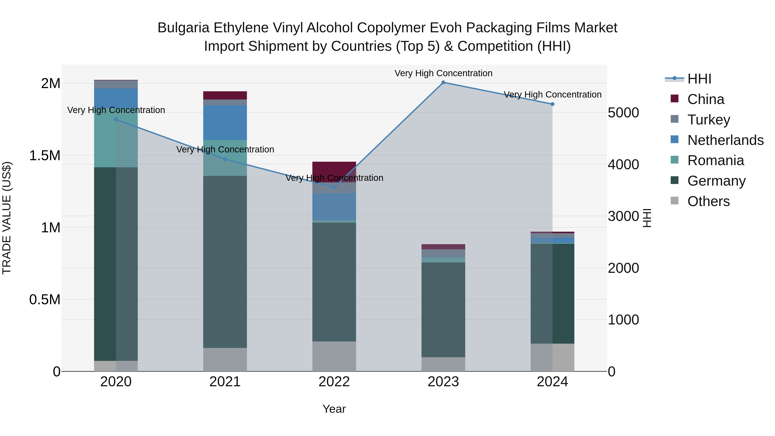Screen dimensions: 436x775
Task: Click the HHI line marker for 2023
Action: pyautogui.click(x=443, y=82)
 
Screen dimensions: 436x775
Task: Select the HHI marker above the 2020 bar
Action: pyautogui.click(x=116, y=119)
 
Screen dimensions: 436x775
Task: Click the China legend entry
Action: pyautogui.click(x=705, y=99)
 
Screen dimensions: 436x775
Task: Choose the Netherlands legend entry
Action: pyautogui.click(x=725, y=140)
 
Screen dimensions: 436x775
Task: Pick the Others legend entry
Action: pyautogui.click(x=708, y=201)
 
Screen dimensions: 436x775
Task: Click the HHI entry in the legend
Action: pyautogui.click(x=699, y=79)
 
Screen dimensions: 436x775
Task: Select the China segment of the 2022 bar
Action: pyautogui.click(x=334, y=169)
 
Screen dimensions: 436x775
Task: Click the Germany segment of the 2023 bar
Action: pyautogui.click(x=443, y=310)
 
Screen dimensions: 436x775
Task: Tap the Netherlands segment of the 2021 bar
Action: pyautogui.click(x=225, y=123)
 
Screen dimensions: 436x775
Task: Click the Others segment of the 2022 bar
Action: pyautogui.click(x=334, y=356)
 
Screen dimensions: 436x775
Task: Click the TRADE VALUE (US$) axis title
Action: pyautogui.click(x=7, y=218)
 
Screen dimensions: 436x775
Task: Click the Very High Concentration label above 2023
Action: pyautogui.click(x=443, y=73)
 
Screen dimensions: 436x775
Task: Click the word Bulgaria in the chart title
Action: pyautogui.click(x=183, y=28)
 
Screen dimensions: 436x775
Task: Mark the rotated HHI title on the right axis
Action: pyautogui.click(x=647, y=218)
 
